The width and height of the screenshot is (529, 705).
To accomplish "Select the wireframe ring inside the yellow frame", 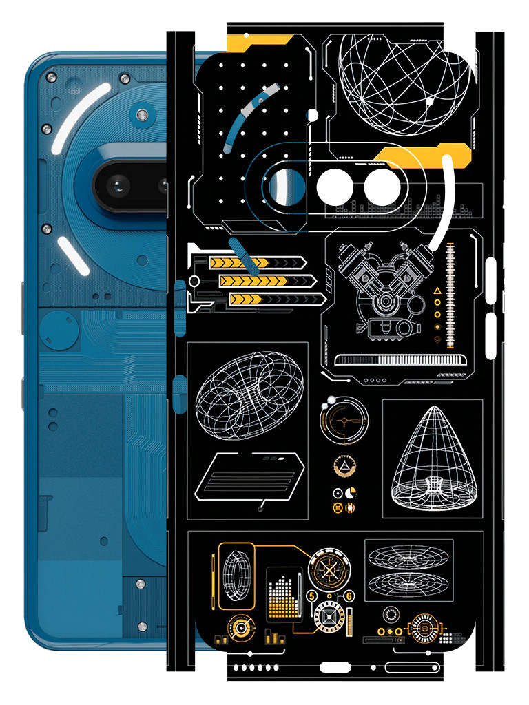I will click(x=236, y=575).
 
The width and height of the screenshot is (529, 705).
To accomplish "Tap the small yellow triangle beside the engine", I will click(x=437, y=292).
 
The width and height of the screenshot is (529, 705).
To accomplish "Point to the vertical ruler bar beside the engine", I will click(x=451, y=296).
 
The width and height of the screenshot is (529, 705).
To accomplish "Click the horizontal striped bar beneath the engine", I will click(x=397, y=360).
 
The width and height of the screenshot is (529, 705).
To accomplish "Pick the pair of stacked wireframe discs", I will click(x=408, y=571).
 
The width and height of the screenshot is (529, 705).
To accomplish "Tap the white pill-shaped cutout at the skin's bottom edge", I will click(x=335, y=666).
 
